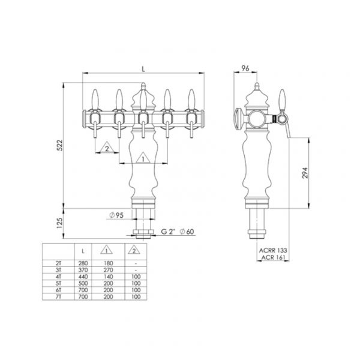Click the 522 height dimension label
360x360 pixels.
[x=59, y=145]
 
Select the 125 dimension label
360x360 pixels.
[x=59, y=223]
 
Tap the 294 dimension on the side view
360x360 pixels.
[x=305, y=173]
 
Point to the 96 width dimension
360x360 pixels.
[x=245, y=68]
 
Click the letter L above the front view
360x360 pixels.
[x=143, y=69]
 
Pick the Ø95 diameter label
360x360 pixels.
[x=116, y=215]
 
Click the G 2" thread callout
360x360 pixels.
[x=168, y=232]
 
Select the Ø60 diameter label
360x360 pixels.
[x=187, y=232]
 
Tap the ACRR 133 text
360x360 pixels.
[x=273, y=250]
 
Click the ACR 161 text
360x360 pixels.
[x=273, y=257]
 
